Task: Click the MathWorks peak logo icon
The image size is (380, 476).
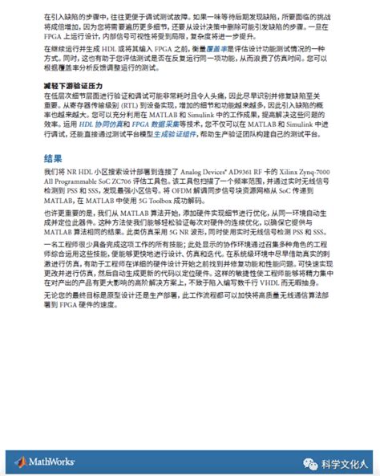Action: pyautogui.click(x=20, y=461)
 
